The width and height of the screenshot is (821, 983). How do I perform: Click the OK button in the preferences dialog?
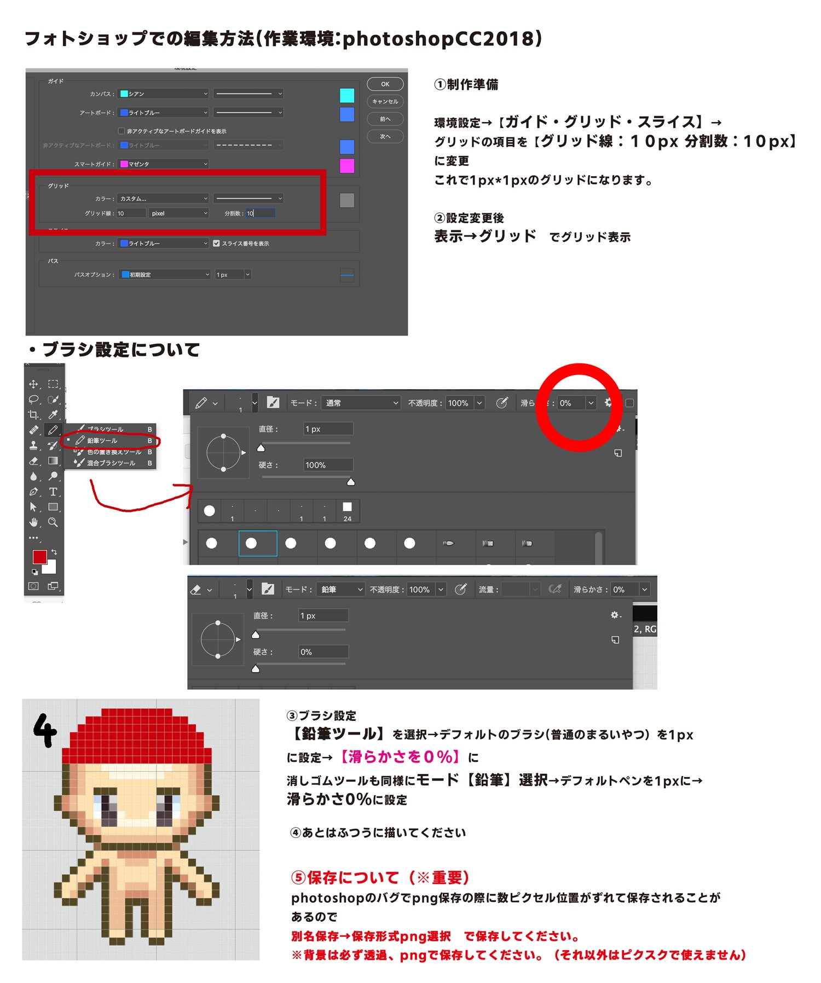[x=385, y=84]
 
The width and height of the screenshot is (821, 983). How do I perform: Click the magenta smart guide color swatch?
[x=347, y=165]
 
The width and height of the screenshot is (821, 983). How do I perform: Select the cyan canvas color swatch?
[x=347, y=95]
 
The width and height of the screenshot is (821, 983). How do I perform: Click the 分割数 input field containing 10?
[x=261, y=213]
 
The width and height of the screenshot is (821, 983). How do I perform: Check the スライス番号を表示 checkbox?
[x=216, y=243]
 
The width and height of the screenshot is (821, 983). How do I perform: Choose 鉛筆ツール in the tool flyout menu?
[x=102, y=441]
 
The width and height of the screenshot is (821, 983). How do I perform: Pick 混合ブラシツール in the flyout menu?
[x=111, y=463]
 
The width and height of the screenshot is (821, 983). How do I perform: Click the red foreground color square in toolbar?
[x=39, y=557]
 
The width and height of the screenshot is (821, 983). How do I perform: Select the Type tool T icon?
[x=53, y=492]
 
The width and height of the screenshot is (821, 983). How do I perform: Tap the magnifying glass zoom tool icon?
[x=53, y=522]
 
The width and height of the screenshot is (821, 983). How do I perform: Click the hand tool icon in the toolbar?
[x=34, y=522]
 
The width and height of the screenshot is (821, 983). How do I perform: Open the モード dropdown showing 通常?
[x=361, y=403]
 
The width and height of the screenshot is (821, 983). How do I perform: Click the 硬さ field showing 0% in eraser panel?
[x=323, y=652]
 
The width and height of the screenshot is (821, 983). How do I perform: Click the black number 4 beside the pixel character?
[x=45, y=729]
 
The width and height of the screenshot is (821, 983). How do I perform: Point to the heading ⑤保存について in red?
[x=380, y=877]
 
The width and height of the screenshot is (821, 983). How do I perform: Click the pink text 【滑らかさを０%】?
[x=399, y=756]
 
